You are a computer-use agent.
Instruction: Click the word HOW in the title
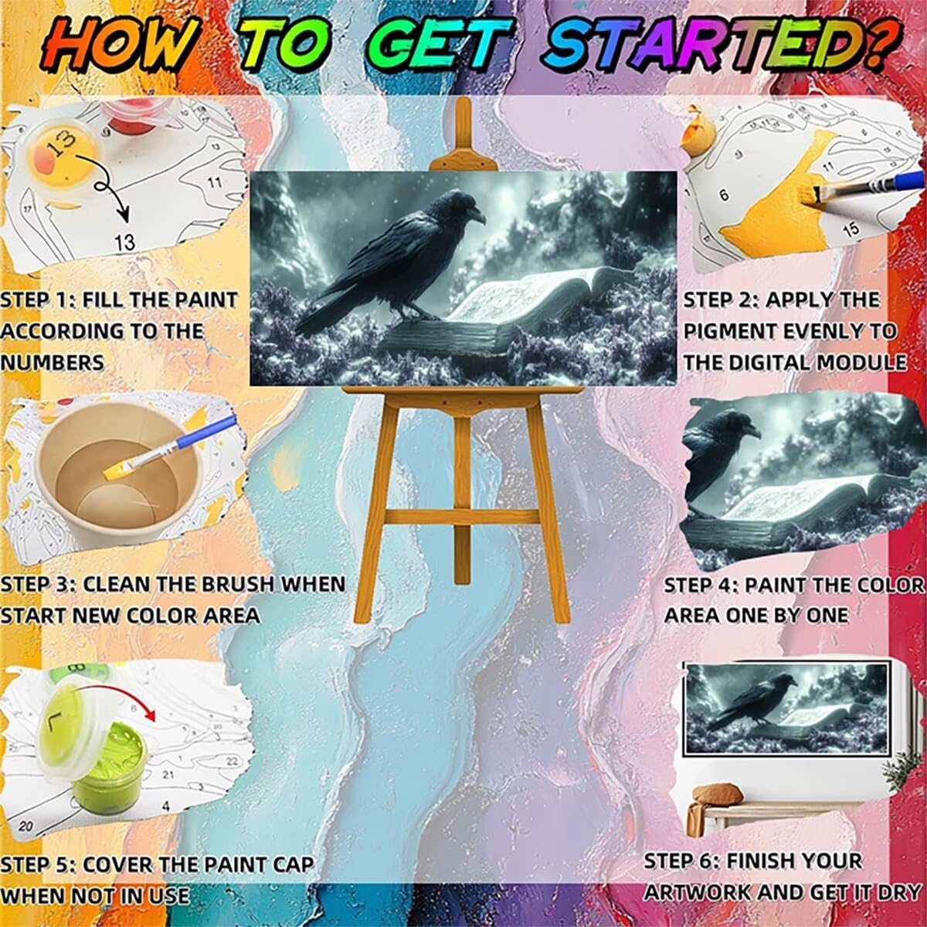(121, 49)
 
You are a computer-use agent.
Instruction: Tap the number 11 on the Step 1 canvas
(215, 182)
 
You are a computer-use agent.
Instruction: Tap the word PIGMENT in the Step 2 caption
(732, 331)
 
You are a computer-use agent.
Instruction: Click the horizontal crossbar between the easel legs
(462, 518)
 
